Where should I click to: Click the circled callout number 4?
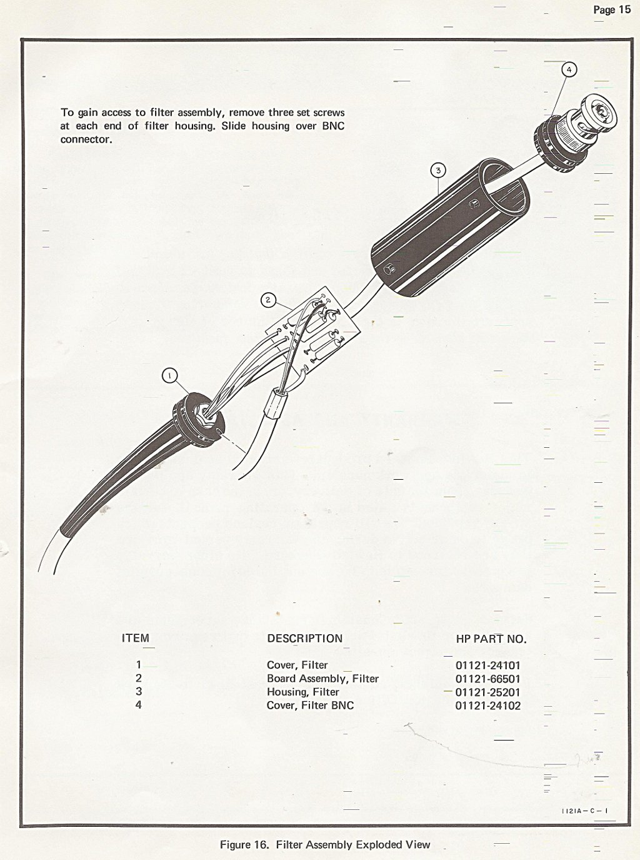click(x=569, y=70)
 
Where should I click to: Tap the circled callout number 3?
click(x=437, y=170)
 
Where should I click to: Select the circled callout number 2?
click(x=268, y=300)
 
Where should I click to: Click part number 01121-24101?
click(x=487, y=665)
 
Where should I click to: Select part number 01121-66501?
click(x=487, y=679)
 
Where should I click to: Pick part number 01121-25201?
click(x=487, y=692)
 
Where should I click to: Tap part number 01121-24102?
click(x=487, y=706)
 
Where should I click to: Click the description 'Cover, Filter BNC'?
click(x=310, y=706)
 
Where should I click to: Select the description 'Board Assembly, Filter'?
click(x=322, y=679)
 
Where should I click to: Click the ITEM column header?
click(x=135, y=638)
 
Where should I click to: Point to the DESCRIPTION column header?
click(x=304, y=639)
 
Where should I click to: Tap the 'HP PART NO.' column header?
click(x=491, y=639)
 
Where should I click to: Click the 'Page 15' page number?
click(x=612, y=9)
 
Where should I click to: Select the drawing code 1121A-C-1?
click(x=585, y=810)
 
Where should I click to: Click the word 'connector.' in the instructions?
click(x=86, y=139)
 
